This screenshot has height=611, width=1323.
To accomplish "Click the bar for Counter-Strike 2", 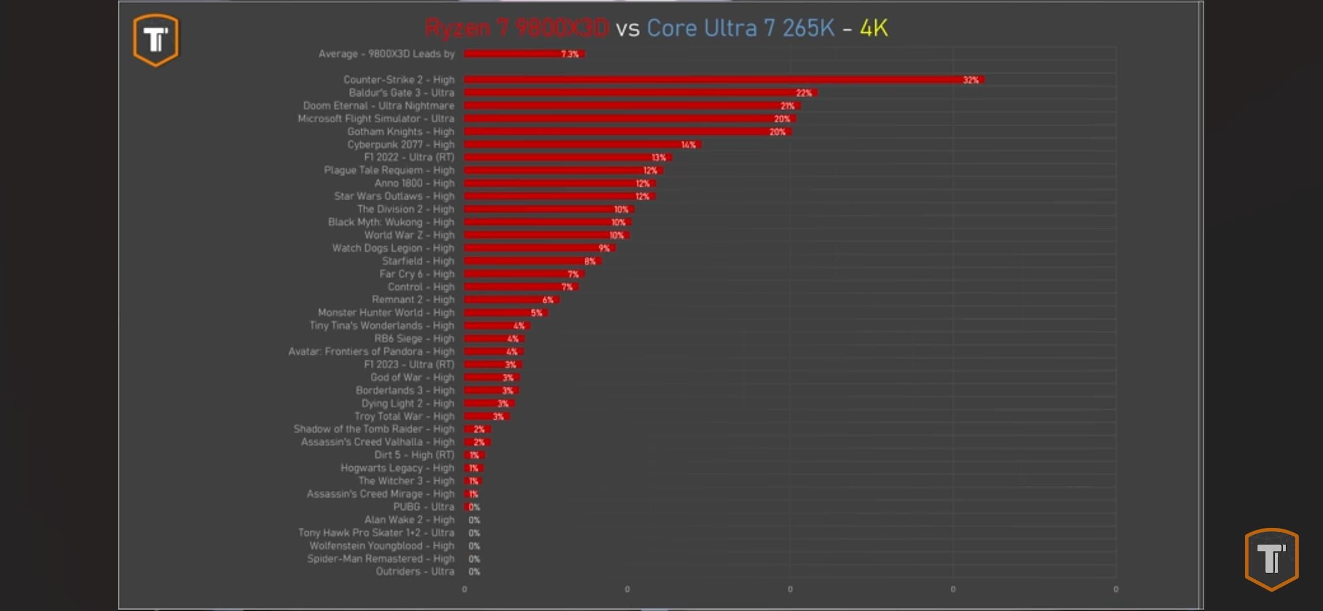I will point(724,80).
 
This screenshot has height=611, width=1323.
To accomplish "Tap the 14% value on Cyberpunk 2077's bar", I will point(688,145).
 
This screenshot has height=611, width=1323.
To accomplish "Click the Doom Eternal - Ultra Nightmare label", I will point(378,106).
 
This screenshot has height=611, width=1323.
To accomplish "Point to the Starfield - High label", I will point(418,261).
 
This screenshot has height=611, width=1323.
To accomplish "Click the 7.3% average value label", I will point(569,54).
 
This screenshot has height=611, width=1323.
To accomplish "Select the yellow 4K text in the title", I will point(874,28).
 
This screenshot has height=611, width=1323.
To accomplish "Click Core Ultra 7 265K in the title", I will point(740,28).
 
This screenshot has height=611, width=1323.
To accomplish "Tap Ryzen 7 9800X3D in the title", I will point(517,28).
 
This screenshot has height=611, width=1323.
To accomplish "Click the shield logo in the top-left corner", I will point(156,40).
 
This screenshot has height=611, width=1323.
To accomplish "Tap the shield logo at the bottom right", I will point(1272,559).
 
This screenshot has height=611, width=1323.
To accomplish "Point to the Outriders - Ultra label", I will point(415,571).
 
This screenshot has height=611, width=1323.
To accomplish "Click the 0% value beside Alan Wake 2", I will point(474,520).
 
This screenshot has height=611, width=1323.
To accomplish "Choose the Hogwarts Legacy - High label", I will point(397,468).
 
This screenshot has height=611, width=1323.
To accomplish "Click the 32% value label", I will point(970,80).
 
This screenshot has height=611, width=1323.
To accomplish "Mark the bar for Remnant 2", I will point(511,300).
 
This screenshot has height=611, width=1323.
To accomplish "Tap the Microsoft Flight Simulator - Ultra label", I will point(376,119).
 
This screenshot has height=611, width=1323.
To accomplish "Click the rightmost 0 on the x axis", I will point(1116,589).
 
